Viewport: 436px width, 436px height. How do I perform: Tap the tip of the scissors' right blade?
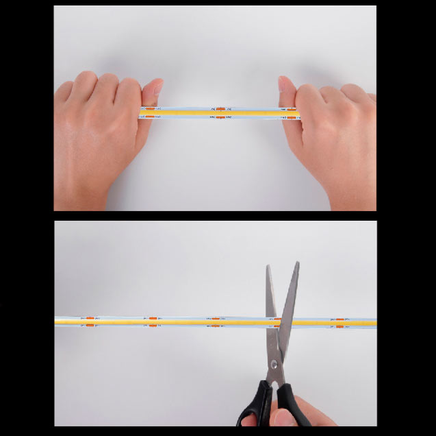tap(297, 263)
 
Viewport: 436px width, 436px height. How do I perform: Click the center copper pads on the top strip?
tap(220, 112)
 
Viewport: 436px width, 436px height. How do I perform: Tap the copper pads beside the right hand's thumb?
tap(292, 112)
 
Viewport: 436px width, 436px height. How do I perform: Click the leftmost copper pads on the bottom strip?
tap(90, 321)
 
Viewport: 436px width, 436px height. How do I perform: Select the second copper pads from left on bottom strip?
tap(153, 321)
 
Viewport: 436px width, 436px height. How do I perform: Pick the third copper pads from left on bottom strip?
tap(215, 321)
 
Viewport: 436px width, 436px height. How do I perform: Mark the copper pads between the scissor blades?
tap(278, 321)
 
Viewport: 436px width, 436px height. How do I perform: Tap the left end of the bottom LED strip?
tap(57, 321)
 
